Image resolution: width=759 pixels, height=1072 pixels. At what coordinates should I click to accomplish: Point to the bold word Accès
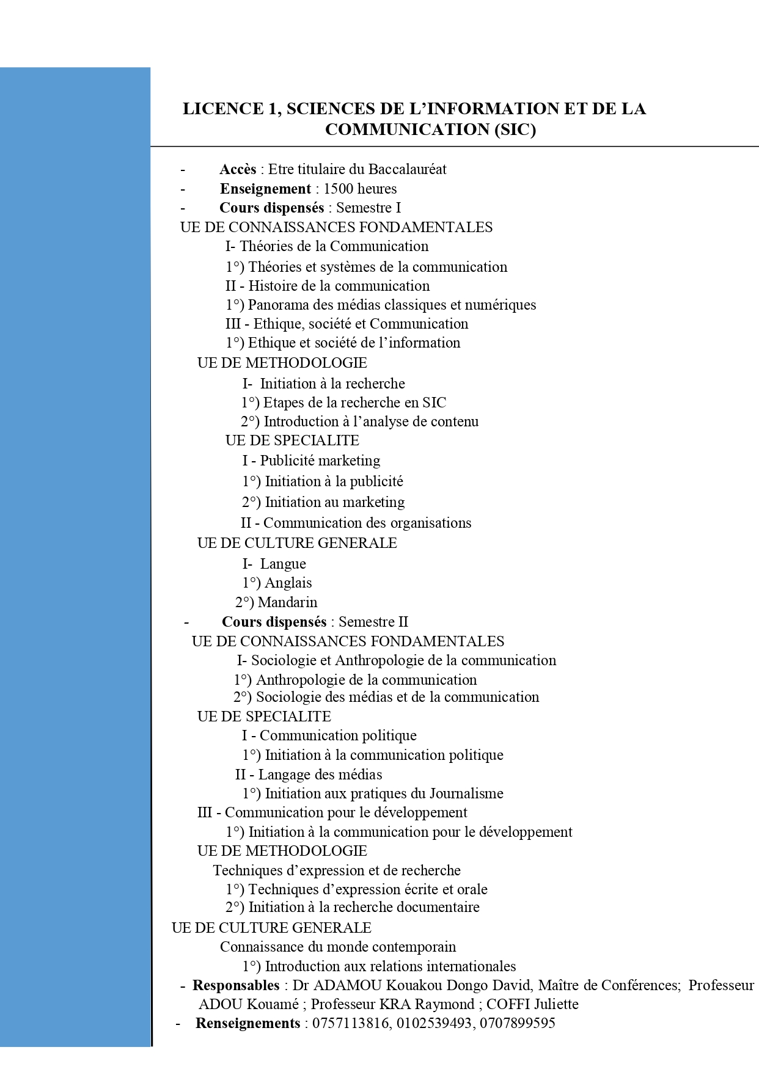(238, 169)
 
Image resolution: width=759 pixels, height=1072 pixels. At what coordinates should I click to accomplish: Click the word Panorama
(279, 305)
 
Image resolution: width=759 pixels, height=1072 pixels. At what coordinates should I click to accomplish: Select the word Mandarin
(287, 602)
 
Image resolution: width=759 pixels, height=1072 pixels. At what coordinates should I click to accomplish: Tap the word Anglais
(288, 583)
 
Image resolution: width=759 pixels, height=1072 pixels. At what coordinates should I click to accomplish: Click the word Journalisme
(466, 793)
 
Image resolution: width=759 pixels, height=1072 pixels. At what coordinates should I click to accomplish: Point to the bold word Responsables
(236, 985)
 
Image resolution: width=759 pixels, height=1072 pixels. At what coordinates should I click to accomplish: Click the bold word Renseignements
(248, 1023)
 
